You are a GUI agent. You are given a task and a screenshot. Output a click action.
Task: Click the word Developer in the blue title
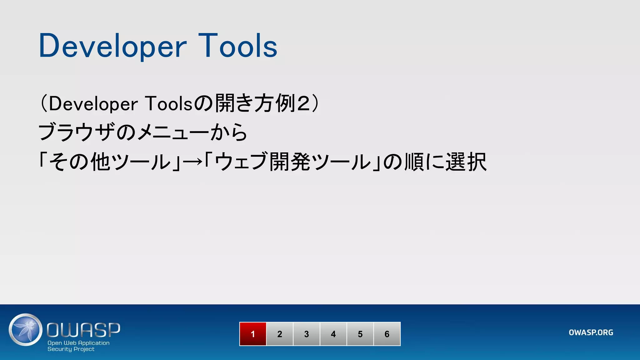point(112,46)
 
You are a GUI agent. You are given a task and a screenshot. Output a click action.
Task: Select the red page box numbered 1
point(253,334)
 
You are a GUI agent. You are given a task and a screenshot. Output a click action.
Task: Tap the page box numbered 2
point(280,334)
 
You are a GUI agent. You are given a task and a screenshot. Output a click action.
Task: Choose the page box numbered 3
point(307,334)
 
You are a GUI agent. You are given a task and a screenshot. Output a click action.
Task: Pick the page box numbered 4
point(333,334)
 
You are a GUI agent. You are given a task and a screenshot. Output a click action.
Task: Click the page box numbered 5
point(360,334)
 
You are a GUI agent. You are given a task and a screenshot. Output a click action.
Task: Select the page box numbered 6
point(387,334)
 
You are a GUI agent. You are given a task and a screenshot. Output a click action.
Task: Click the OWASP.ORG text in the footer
point(591,332)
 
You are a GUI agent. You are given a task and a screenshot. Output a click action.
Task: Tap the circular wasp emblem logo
point(26,330)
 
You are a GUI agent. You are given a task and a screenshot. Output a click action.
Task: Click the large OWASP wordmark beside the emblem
point(83,330)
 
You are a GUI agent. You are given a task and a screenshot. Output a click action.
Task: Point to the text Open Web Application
point(78,343)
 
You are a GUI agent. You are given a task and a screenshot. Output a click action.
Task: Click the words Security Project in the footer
point(71,349)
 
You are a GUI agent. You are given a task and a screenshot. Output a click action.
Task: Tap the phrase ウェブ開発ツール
point(292,162)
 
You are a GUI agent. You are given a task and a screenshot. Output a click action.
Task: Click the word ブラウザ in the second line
point(77,132)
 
